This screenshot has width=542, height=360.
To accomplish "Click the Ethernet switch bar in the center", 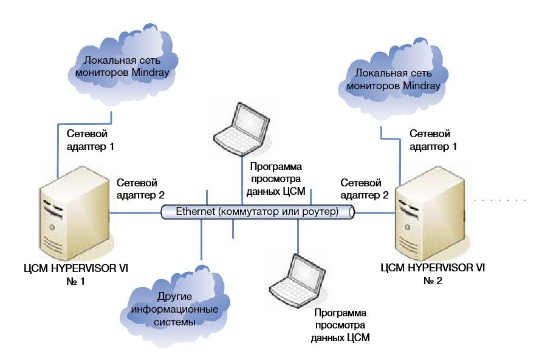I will (258, 212).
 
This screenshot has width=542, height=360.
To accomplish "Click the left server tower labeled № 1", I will (74, 217).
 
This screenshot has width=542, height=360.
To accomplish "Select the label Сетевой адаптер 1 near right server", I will (433, 140).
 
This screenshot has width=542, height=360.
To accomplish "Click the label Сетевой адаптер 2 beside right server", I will (365, 188).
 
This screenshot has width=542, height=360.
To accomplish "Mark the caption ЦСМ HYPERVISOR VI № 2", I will (433, 273).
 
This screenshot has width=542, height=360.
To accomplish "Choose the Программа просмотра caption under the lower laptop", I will (340, 325).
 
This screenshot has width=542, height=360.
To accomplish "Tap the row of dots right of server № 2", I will (499, 200).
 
